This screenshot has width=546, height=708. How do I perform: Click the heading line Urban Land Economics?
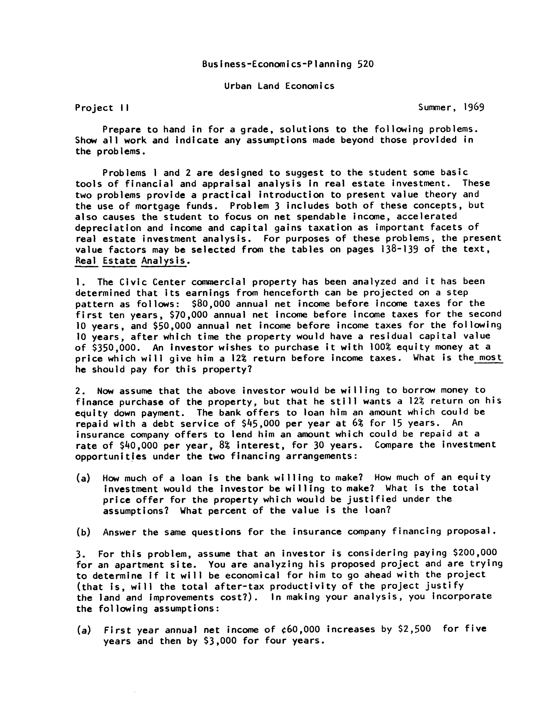[x=279, y=86]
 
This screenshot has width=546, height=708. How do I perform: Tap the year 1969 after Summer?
[x=474, y=107]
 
